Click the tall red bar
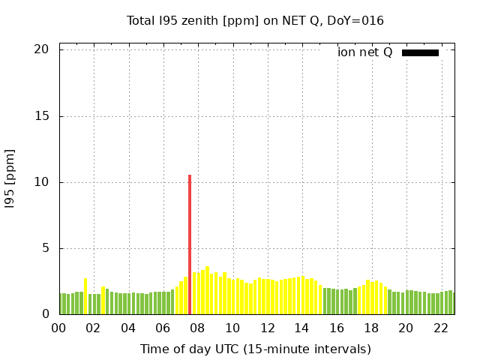(x=190, y=244)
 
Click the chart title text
(x=255, y=20)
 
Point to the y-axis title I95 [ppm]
(x=10, y=178)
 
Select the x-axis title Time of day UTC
(x=255, y=349)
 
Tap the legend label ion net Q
(x=364, y=52)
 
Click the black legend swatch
(x=420, y=52)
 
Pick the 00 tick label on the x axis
(x=58, y=328)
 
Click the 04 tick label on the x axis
(x=128, y=328)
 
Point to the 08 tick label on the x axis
(x=198, y=328)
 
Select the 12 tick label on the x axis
(x=267, y=328)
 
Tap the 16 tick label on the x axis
(x=337, y=328)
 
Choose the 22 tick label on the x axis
(x=441, y=328)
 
